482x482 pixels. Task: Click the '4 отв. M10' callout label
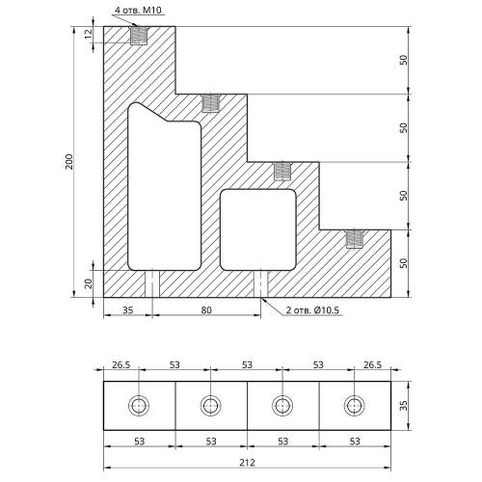click(138, 10)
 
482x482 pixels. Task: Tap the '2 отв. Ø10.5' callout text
click(312, 310)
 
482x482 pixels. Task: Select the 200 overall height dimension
click(69, 162)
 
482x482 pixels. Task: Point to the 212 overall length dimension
click(247, 463)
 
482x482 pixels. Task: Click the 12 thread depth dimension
click(88, 34)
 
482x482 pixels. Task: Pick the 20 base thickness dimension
click(88, 283)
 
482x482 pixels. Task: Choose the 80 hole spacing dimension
click(206, 310)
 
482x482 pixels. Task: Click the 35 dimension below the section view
click(127, 310)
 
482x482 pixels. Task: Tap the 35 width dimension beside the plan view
click(403, 406)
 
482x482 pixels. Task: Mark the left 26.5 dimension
click(120, 365)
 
